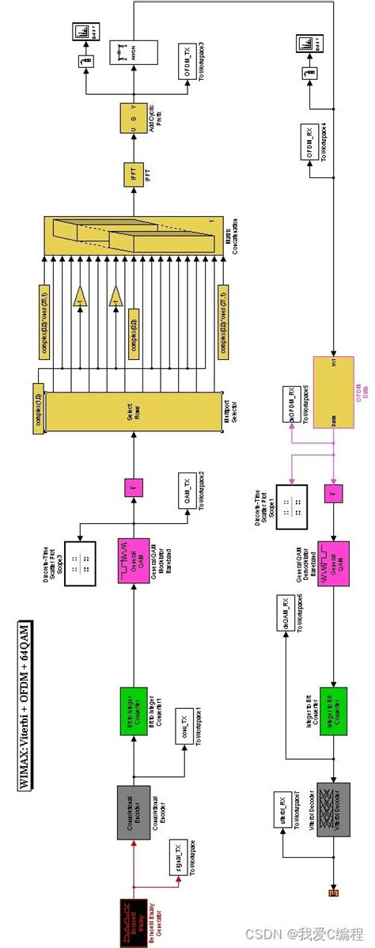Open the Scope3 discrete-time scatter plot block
click(x=80, y=563)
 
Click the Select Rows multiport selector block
click(x=131, y=411)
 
